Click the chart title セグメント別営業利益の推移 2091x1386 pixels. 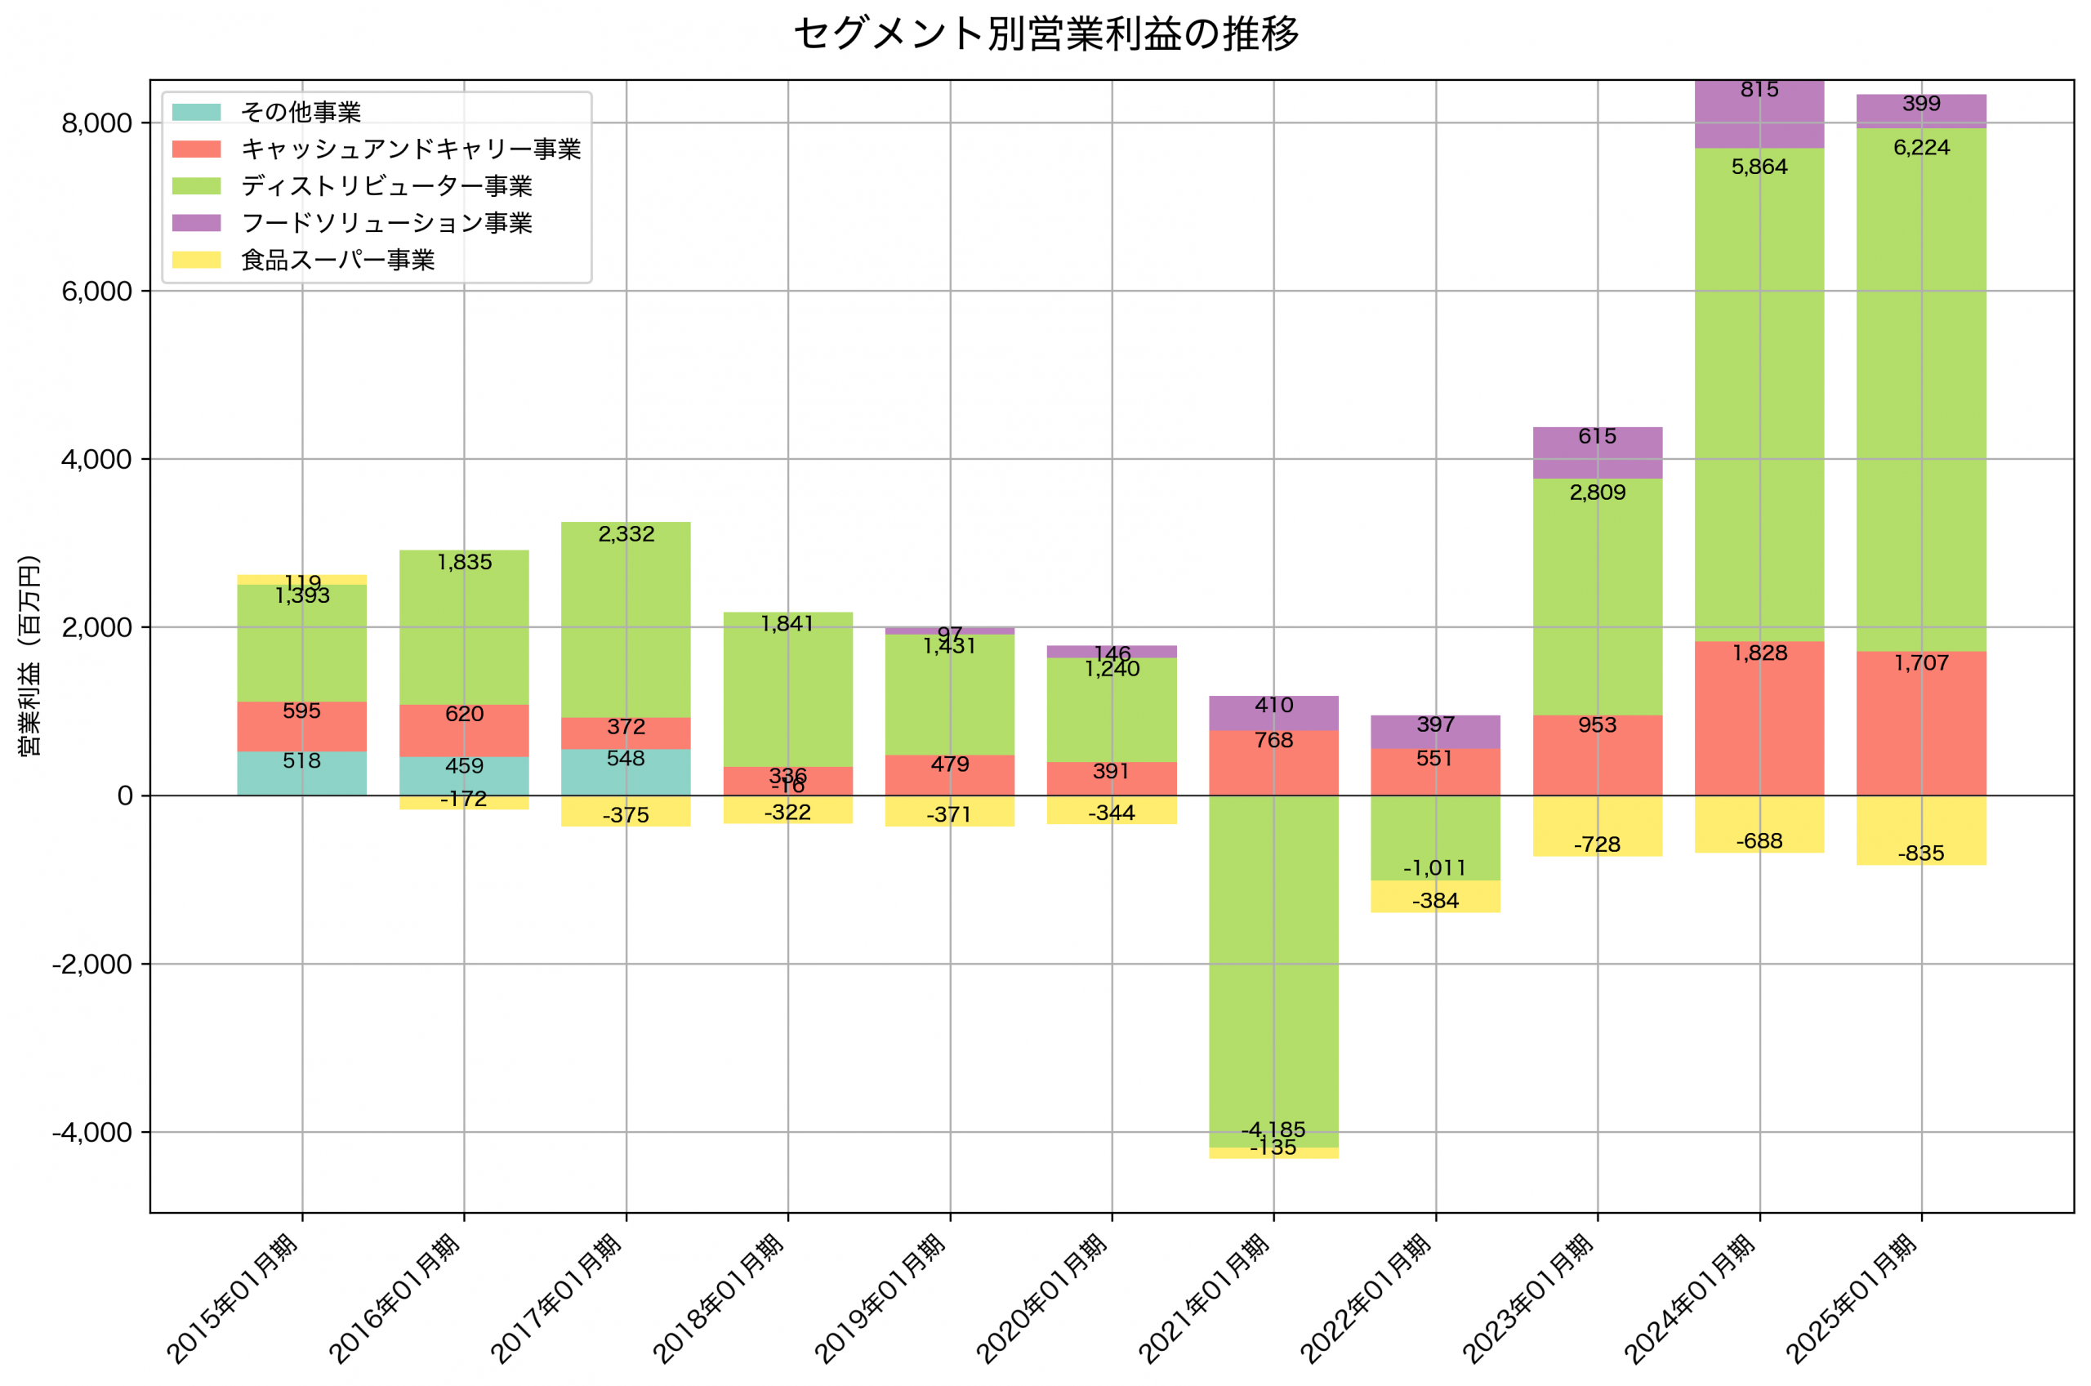[1045, 33]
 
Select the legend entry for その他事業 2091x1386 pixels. [301, 112]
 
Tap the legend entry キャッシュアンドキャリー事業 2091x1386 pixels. [411, 149]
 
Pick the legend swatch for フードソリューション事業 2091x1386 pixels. [196, 223]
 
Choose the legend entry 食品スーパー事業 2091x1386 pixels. [337, 260]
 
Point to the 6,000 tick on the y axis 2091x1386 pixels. [96, 292]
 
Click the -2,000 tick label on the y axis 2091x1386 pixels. [92, 965]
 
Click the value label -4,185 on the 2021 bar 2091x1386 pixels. [1273, 1130]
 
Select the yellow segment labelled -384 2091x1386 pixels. [1434, 896]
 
